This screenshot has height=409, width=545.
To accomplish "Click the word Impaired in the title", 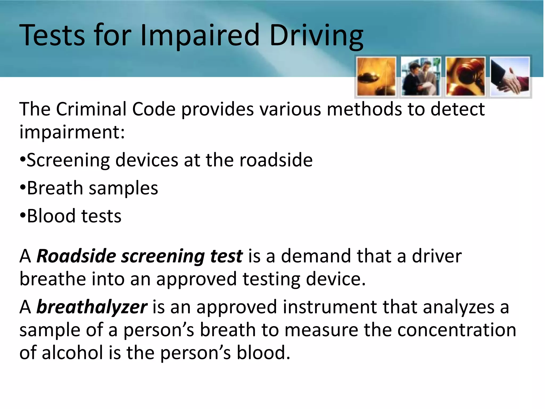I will pos(200,35).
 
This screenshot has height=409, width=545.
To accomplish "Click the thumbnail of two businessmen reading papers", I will pos(420,76).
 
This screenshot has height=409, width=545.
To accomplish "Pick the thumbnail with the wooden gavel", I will pos(465,76).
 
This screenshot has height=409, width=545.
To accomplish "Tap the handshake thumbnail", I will pos(510,76).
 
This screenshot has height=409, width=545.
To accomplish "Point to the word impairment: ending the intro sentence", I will pos(72,132).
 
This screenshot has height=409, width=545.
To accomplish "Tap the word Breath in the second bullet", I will pos(55,188).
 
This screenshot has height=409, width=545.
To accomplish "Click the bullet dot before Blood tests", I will pos(22,215).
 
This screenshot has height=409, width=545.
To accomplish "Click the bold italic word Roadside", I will pos(76,256).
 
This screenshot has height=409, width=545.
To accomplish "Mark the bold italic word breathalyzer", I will pos(92,307).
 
